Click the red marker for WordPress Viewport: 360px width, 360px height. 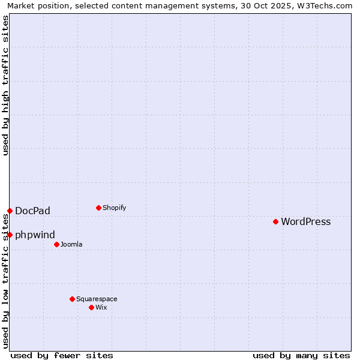[275, 221]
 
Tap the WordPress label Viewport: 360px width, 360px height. [305, 221]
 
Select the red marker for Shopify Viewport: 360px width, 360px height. [98, 208]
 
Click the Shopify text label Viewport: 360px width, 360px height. [114, 208]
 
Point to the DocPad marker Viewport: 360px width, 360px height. [10, 211]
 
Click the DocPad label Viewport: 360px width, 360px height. [32, 211]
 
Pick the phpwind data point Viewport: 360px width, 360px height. [10, 235]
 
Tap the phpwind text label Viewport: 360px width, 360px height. [35, 235]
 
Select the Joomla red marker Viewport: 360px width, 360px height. [56, 244]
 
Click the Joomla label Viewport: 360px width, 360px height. [71, 244]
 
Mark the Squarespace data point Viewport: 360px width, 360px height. [72, 299]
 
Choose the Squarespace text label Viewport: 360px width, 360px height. [97, 299]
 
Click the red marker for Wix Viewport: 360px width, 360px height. [91, 307]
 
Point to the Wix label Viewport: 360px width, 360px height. [101, 307]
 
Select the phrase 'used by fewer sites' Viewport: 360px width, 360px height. [62, 355]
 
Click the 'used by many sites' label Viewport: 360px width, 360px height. [301, 355]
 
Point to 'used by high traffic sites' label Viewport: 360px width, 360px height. [5, 85]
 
